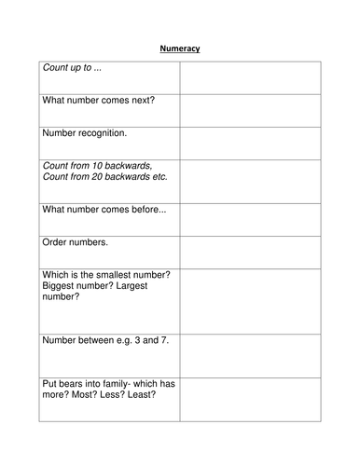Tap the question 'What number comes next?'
point(96,102)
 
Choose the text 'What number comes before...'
point(104,210)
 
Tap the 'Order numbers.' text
point(76,241)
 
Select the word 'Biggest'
point(62,286)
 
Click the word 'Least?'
point(137,394)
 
